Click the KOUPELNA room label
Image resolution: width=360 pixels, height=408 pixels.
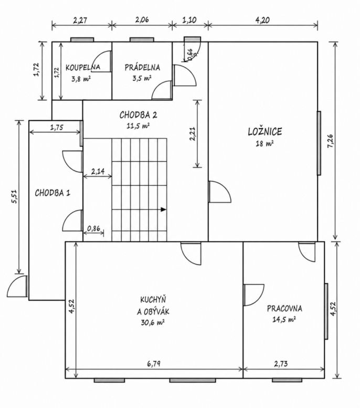pos(83,67)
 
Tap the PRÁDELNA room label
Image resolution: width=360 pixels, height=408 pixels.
pos(142,67)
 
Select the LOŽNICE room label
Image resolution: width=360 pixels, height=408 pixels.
pos(265,131)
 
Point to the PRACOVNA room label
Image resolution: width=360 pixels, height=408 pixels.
pos(284,309)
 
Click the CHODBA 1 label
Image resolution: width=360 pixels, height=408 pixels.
pos(52,193)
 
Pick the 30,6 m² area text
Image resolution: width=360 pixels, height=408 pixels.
pos(153,322)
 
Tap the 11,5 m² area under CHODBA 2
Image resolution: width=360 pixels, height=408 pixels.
pos(138,126)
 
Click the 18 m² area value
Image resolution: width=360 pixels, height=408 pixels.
pos(264,143)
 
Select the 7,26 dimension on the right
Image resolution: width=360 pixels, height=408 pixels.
pos(330,141)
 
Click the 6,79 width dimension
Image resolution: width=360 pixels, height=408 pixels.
pos(154,363)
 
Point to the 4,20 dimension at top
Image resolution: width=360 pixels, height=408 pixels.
pos(262,20)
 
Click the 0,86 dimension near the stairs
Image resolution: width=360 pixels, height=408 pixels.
pos(93,228)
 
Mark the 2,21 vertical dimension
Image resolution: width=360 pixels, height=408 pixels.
pos(193,133)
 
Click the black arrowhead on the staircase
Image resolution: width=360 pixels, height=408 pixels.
pos(163,209)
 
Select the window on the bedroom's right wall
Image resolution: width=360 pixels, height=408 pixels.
pos(319,143)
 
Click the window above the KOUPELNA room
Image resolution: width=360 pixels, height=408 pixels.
pos(82,39)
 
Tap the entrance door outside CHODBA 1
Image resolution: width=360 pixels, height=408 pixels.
pos(17,286)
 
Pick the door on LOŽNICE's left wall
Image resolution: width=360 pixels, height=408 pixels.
pos(219,192)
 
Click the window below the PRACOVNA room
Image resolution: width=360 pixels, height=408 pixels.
pos(287,380)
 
